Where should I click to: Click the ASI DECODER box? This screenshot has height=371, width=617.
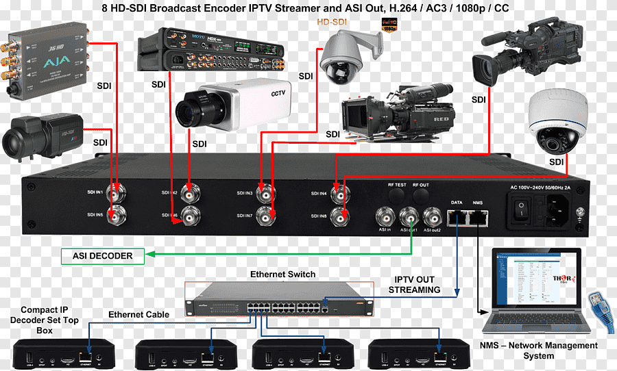coord(103,256)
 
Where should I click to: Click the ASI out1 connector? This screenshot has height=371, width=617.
coord(409,217)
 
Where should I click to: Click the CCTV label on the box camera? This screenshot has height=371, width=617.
coord(278,94)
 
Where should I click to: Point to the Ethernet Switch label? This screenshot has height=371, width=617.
coord(282,274)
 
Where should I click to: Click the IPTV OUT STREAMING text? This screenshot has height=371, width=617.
coord(414,285)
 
